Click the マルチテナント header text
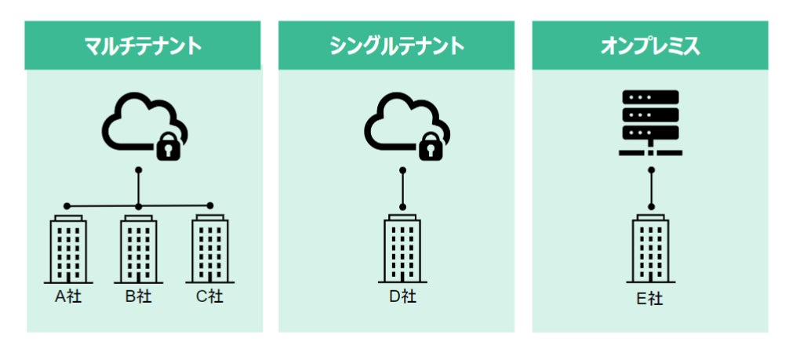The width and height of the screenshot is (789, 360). (144, 45)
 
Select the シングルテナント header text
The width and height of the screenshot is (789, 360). (397, 45)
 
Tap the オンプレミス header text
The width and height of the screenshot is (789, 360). (650, 45)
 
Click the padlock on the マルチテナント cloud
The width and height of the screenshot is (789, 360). (168, 145)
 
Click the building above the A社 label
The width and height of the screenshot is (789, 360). (67, 249)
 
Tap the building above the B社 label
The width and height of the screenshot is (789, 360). (138, 249)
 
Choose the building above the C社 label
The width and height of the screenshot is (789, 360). (209, 249)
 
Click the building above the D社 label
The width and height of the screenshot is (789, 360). (403, 249)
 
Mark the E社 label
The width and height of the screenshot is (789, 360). (650, 299)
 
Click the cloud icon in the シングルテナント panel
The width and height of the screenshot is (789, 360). (398, 123)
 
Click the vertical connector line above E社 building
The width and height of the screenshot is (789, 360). (651, 188)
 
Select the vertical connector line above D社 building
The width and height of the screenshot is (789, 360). (403, 188)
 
